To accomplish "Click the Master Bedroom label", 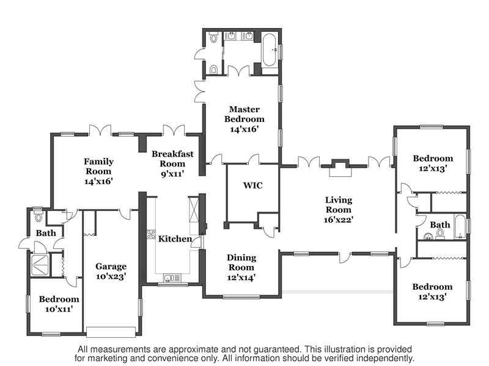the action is pos(244,114).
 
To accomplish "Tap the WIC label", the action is pos(253,185).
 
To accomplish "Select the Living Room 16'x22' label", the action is pos(339,210).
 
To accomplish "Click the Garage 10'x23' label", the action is pos(111,271).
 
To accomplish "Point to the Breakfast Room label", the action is pos(172,159).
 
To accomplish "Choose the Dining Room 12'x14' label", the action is pos(241,267).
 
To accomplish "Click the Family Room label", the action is pos(98,166).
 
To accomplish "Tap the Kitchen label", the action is pos(175,239).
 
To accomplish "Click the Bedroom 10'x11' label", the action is pos(59,304).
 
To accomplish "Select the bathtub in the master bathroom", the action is pos(269,50).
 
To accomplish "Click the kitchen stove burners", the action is pos(151,234).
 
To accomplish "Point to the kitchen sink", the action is pos(172,278).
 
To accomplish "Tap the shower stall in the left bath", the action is pos(40,265).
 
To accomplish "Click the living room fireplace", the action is pos(340,167).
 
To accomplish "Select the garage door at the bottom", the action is pos(111,332).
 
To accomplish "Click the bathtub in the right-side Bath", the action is pos(460,226).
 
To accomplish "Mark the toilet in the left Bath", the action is pos(39,216).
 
